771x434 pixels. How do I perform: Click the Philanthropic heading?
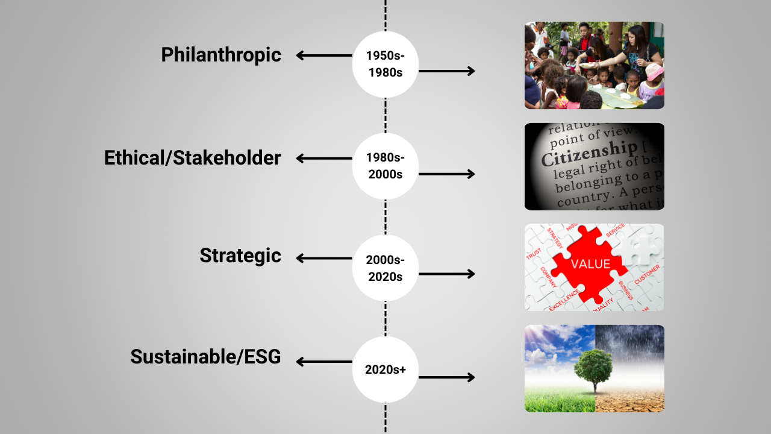coord(220,55)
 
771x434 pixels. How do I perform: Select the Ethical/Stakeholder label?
coord(192,158)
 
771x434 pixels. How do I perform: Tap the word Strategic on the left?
coord(240,256)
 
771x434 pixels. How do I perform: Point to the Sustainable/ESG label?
coord(205,357)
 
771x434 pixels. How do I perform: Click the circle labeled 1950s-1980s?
coord(385,64)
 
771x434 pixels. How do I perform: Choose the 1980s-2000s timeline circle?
coord(385,166)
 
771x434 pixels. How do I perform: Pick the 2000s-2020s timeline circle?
coord(385,268)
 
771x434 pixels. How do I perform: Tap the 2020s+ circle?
coord(385,370)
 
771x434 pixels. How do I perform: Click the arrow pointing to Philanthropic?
coord(324,56)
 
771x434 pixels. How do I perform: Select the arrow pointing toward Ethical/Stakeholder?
coord(324,159)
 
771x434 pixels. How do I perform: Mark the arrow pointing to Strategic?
coord(324,259)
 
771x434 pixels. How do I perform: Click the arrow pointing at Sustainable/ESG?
coord(324,362)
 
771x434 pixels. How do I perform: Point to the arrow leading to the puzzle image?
coord(447,274)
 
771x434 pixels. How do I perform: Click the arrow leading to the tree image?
coord(447,377)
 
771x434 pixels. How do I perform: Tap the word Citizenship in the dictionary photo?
coord(588,151)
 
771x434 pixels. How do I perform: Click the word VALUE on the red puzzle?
coord(590,264)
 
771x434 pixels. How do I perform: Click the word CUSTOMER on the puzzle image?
coord(647,274)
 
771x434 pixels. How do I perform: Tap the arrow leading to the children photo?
coord(447,71)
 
